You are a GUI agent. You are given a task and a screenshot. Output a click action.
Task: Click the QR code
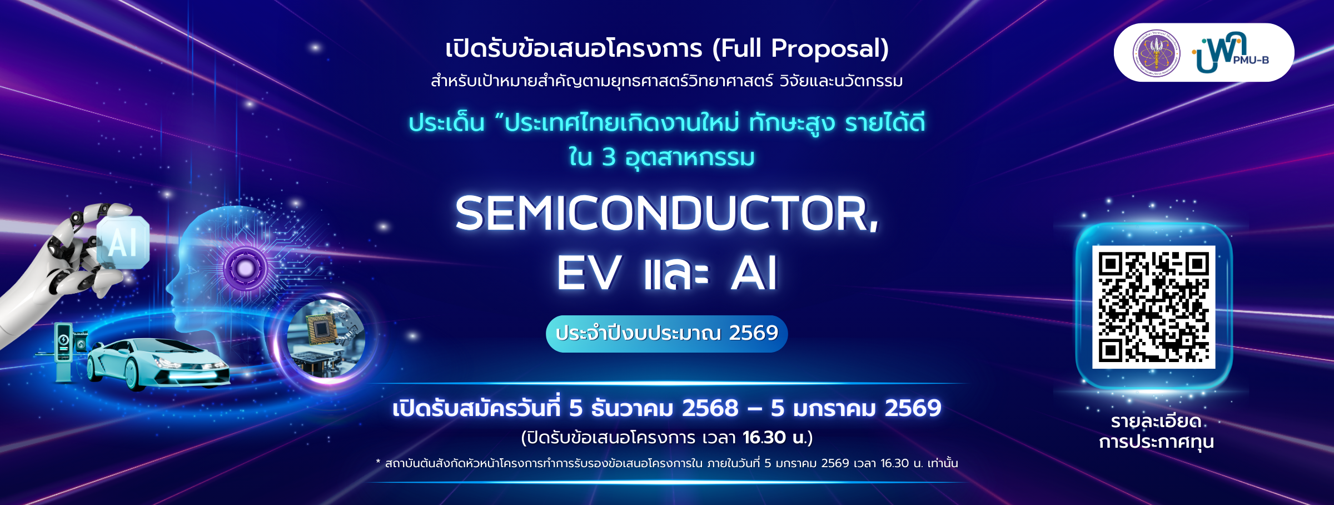(x=1153, y=307)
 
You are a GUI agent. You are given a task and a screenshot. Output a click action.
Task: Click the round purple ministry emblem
(x=1157, y=53)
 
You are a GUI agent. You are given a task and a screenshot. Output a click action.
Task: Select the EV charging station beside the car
(x=64, y=351)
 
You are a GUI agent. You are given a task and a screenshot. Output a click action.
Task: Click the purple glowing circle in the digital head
(x=246, y=269)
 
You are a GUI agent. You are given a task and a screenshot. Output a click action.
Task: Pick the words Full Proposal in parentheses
(x=800, y=48)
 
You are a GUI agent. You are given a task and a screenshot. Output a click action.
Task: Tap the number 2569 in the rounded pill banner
(x=753, y=333)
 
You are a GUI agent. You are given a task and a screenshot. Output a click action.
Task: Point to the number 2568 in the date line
(x=710, y=408)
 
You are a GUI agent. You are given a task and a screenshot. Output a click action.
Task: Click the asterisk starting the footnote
(x=378, y=462)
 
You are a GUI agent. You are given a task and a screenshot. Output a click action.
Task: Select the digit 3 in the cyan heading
(x=609, y=157)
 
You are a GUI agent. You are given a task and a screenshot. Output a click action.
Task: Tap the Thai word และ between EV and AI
(x=676, y=273)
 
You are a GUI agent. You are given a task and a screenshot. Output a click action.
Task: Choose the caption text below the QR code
(x=1156, y=432)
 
